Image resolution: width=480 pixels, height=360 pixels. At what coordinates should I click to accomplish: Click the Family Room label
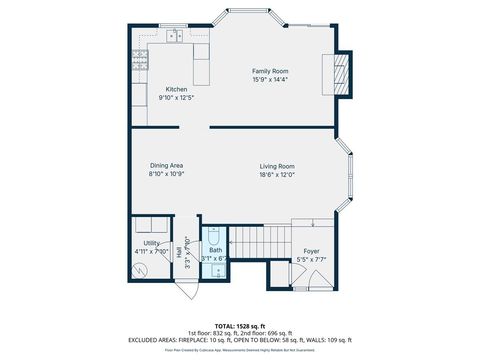pos(269,71)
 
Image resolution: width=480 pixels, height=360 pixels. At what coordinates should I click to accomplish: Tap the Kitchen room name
pos(176,89)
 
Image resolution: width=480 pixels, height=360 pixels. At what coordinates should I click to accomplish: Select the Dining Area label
pos(166,165)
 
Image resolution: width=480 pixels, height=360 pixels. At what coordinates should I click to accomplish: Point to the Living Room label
pos(276,165)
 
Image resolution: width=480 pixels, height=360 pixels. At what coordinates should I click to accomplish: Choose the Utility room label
pos(151,243)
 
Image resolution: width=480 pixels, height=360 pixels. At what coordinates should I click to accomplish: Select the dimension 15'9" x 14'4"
pos(269,79)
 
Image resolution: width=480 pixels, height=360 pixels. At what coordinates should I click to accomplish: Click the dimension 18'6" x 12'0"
pos(276,173)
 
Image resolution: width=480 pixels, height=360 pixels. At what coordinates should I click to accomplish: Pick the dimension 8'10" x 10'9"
pos(166,173)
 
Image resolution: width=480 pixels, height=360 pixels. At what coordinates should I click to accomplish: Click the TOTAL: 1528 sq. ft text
pos(240,325)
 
